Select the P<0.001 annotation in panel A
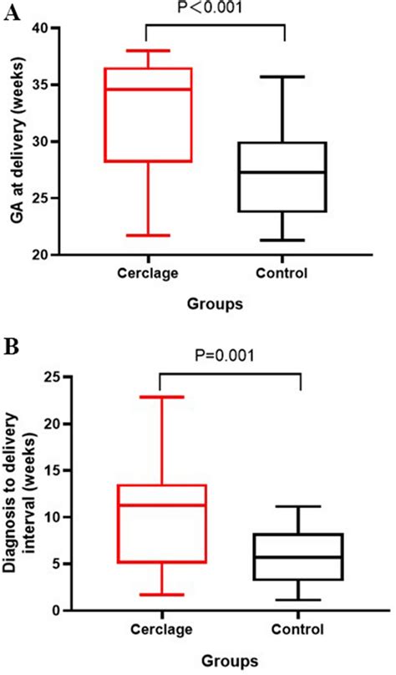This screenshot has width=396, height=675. pyautogui.click(x=216, y=9)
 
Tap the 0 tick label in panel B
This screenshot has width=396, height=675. pyautogui.click(x=106, y=611)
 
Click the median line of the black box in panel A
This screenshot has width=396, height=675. pyautogui.click(x=285, y=172)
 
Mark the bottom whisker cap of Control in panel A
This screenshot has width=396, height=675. pyautogui.click(x=285, y=241)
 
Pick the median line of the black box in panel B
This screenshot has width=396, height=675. pyautogui.click(x=298, y=557)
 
